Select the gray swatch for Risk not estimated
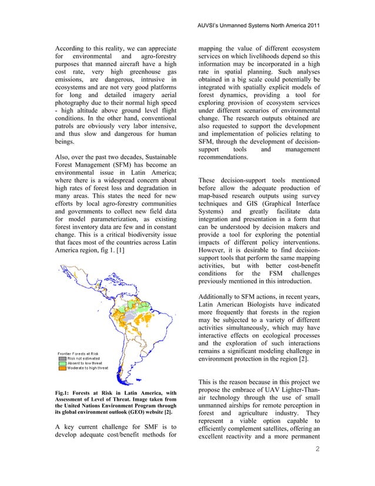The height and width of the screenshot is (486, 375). (62, 358)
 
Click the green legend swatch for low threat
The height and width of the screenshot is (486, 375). (62, 364)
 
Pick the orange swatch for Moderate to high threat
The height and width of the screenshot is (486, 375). (62, 369)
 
